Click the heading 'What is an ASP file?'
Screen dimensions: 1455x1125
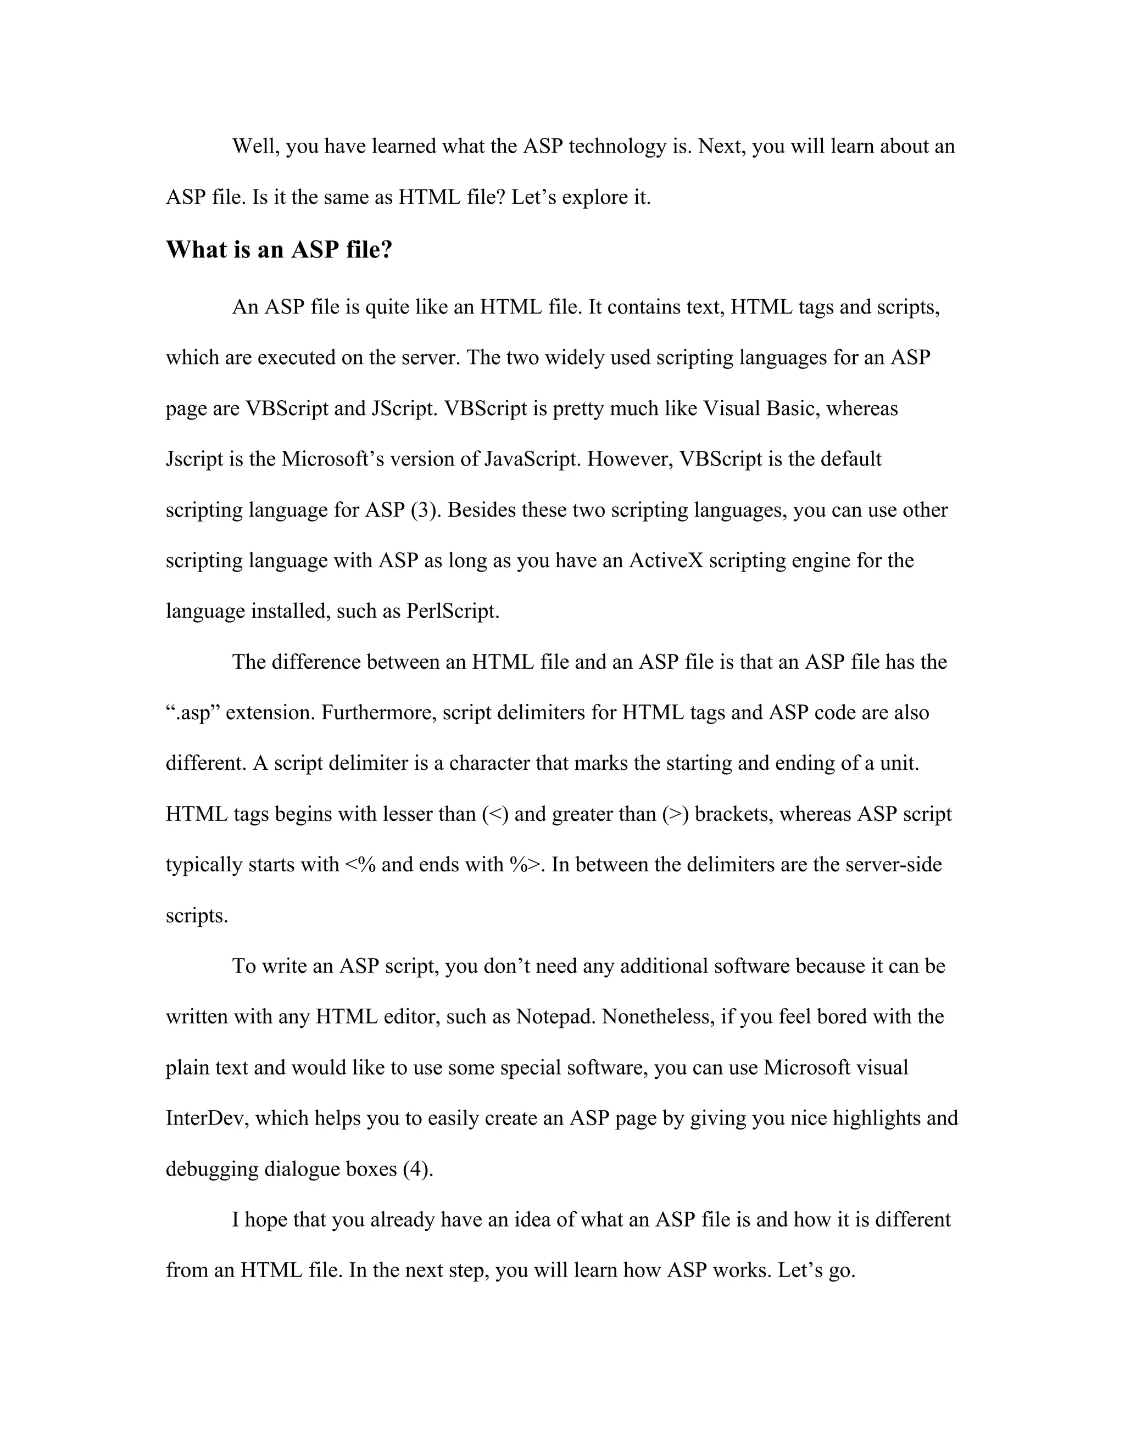[x=279, y=250]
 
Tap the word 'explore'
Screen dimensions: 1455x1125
[x=585, y=197]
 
